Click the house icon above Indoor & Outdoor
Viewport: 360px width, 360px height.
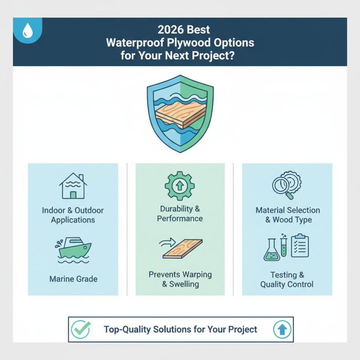tap(72, 186)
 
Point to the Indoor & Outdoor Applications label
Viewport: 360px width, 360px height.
tap(73, 215)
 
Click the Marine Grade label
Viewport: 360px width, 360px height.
tap(73, 279)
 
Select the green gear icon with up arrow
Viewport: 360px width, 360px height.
tap(180, 185)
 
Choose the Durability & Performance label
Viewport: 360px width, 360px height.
tap(180, 213)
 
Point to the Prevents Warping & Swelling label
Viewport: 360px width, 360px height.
tap(180, 279)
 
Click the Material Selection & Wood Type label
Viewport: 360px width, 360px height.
tap(288, 215)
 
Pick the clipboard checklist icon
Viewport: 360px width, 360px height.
tap(299, 245)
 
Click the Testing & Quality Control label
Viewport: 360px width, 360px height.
tap(287, 279)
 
